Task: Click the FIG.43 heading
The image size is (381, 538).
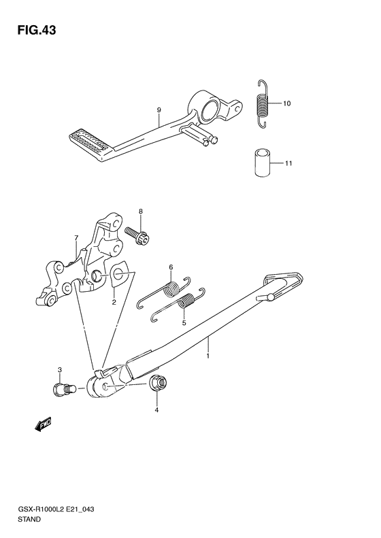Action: pos(37,30)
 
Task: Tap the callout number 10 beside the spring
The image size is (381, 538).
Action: pos(286,103)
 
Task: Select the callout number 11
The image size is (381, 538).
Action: pos(288,163)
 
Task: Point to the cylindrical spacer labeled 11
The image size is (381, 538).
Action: pos(262,163)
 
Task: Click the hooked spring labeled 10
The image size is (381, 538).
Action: pos(263,103)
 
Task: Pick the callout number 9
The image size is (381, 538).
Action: pos(159,110)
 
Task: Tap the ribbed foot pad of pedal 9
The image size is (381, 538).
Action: pos(89,141)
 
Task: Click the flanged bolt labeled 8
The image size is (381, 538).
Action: pos(137,235)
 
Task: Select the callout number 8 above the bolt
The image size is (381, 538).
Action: pos(140,212)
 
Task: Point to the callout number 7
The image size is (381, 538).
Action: pos(76,237)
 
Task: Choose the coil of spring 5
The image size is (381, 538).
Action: pos(187,300)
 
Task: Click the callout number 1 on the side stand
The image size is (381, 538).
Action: pos(208,356)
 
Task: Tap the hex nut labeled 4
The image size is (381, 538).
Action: pos(158,383)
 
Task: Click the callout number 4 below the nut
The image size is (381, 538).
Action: pos(156,409)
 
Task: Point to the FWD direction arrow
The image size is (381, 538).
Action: pos(44,424)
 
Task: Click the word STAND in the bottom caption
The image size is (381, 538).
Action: pos(28,519)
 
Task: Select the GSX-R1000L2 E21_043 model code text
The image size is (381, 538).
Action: pos(55,509)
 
